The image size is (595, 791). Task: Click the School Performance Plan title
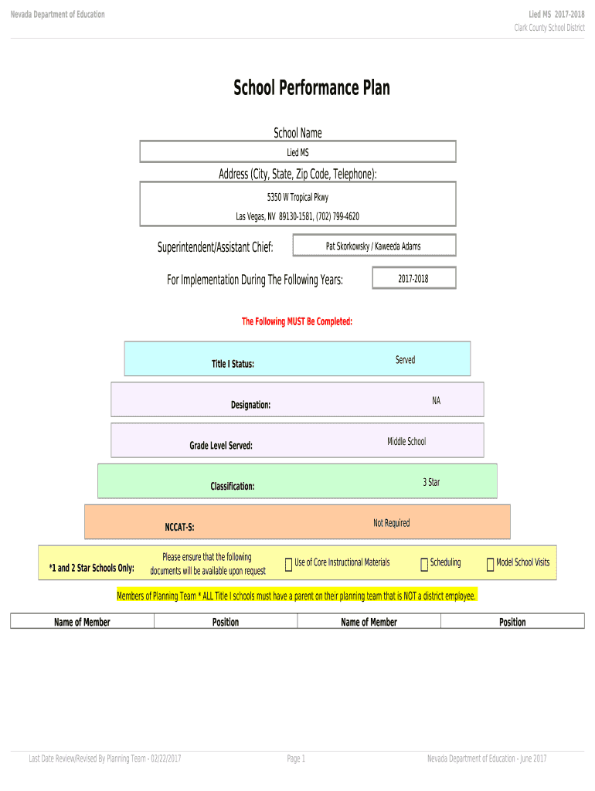[x=311, y=88]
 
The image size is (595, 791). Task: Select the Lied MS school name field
[x=297, y=152]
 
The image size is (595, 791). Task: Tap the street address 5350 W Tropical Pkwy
[x=297, y=198]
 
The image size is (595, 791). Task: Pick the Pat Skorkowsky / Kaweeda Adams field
[x=373, y=246]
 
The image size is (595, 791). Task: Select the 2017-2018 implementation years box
[x=413, y=278]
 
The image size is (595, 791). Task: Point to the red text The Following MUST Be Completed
[x=297, y=321]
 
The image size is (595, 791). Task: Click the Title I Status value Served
[x=405, y=360]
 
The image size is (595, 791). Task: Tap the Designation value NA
[x=436, y=401]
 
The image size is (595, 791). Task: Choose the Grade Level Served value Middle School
[x=406, y=442]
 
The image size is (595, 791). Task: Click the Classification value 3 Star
[x=431, y=482]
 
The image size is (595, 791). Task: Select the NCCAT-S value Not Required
[x=391, y=523]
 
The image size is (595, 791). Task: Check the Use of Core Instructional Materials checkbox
[x=288, y=565]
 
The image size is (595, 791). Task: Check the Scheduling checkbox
[x=424, y=565]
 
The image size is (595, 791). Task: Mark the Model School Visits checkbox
[x=490, y=565]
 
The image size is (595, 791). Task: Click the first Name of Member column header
[x=82, y=622]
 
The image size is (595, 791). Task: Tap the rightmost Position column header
[x=512, y=622]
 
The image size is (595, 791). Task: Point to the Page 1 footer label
[x=296, y=759]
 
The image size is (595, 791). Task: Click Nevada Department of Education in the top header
[x=57, y=15]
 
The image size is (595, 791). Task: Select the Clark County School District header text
[x=549, y=28]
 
